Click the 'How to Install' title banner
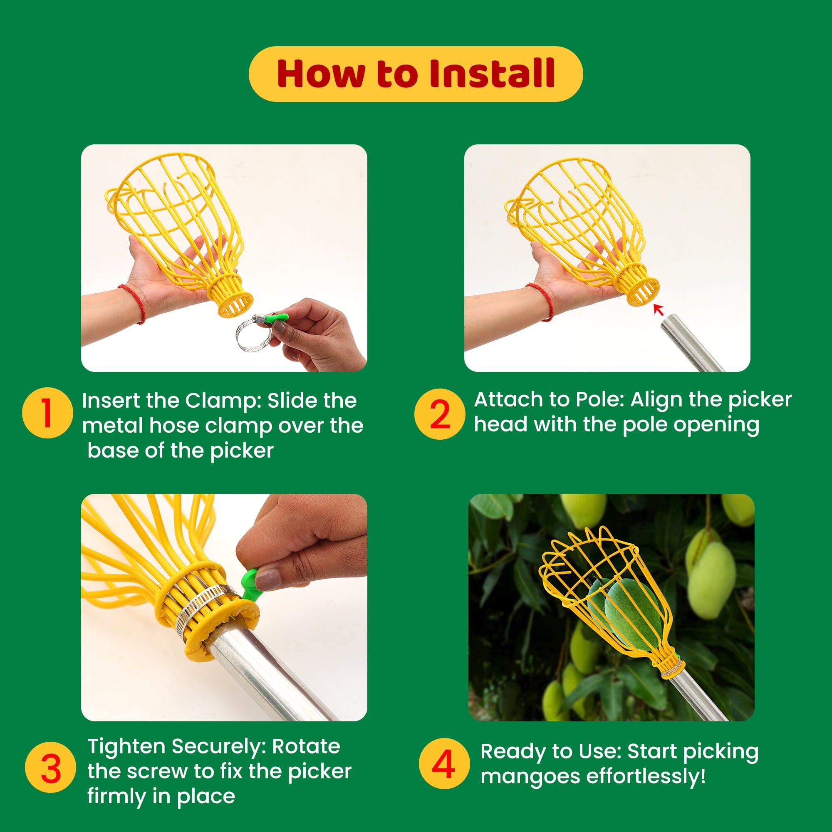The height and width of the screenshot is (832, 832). [x=416, y=74]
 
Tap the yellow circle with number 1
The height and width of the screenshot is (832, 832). [x=47, y=413]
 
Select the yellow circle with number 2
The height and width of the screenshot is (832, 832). [x=440, y=414]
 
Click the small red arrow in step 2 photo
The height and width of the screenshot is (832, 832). [x=658, y=309]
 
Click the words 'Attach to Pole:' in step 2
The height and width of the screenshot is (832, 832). [x=549, y=400]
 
